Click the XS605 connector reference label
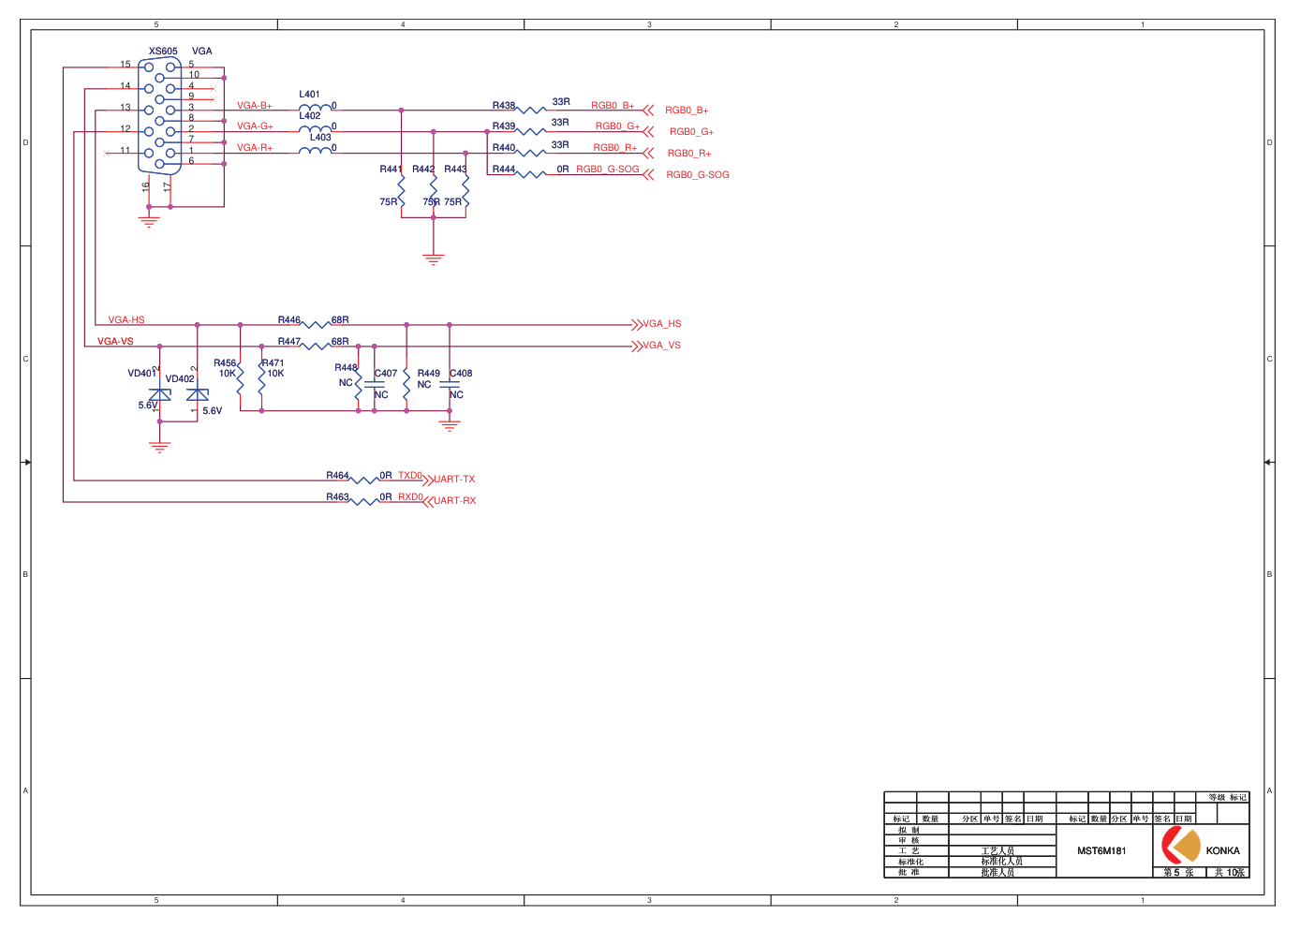click(163, 52)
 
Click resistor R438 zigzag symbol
click(531, 110)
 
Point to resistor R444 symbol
click(531, 174)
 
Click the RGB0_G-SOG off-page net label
click(698, 175)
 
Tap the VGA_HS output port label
click(662, 324)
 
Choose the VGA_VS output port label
click(662, 346)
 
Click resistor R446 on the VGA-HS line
click(316, 325)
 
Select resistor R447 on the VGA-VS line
click(316, 347)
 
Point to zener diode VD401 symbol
click(160, 394)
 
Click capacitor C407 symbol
click(375, 384)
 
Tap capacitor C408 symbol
click(450, 384)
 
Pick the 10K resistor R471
click(261, 378)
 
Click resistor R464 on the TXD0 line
click(363, 480)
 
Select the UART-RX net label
click(454, 501)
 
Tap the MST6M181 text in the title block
click(1101, 851)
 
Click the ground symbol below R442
click(433, 258)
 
